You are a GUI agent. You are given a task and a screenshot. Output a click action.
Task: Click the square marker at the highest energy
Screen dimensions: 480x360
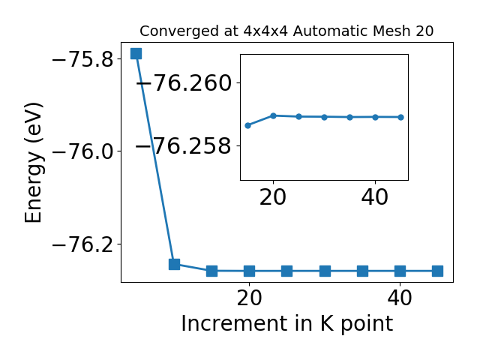coord(136,53)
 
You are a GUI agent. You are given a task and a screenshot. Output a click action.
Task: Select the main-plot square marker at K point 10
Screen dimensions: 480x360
coord(174,264)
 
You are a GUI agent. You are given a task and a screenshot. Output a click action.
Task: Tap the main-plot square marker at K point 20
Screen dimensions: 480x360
coord(250,271)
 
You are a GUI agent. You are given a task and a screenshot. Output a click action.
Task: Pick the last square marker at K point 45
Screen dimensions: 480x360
coord(437,271)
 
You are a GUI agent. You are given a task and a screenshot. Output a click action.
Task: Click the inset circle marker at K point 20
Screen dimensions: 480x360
coord(273,115)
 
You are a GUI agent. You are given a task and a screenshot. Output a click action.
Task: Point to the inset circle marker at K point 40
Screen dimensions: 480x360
coord(375,117)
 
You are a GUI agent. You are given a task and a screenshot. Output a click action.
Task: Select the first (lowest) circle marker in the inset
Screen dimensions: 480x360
coord(248,125)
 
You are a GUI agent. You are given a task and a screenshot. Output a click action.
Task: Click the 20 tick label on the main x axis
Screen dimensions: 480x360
coord(250,298)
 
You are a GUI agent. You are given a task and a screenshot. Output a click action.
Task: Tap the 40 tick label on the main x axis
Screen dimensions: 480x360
coord(400,298)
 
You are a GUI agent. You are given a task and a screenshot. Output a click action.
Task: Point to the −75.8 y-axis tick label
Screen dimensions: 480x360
coord(83,59)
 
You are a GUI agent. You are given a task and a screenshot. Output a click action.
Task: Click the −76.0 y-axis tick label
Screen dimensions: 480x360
coord(83,152)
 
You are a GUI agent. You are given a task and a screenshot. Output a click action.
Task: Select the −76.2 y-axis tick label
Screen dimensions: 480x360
coord(83,245)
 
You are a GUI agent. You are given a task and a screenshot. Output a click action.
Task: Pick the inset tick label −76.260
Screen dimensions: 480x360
coord(184,83)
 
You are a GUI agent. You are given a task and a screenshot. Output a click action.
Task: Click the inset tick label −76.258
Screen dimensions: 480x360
coord(183,145)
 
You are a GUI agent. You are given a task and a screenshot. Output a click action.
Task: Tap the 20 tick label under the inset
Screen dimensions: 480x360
coord(273,197)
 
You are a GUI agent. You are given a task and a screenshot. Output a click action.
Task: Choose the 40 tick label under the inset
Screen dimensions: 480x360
coord(375,197)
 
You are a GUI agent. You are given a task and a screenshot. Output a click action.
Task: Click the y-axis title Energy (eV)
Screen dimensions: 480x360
coord(34,163)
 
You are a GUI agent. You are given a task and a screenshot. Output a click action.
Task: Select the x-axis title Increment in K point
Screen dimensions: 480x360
coord(287,324)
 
